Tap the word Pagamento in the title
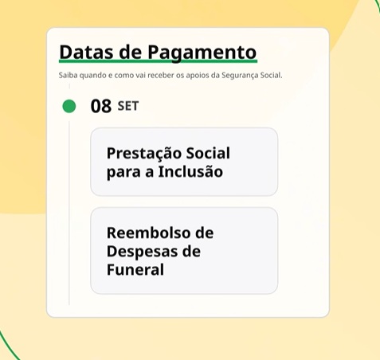pos(202,53)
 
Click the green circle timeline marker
pos(69,106)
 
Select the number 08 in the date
pos(100,106)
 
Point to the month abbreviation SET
pos(128,106)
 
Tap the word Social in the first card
pos(208,153)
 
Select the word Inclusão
pos(190,171)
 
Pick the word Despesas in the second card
pos(142,252)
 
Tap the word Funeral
pos(135,269)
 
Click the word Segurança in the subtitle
pos(240,76)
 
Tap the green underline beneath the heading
pos(158,61)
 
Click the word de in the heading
pos(131,52)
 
